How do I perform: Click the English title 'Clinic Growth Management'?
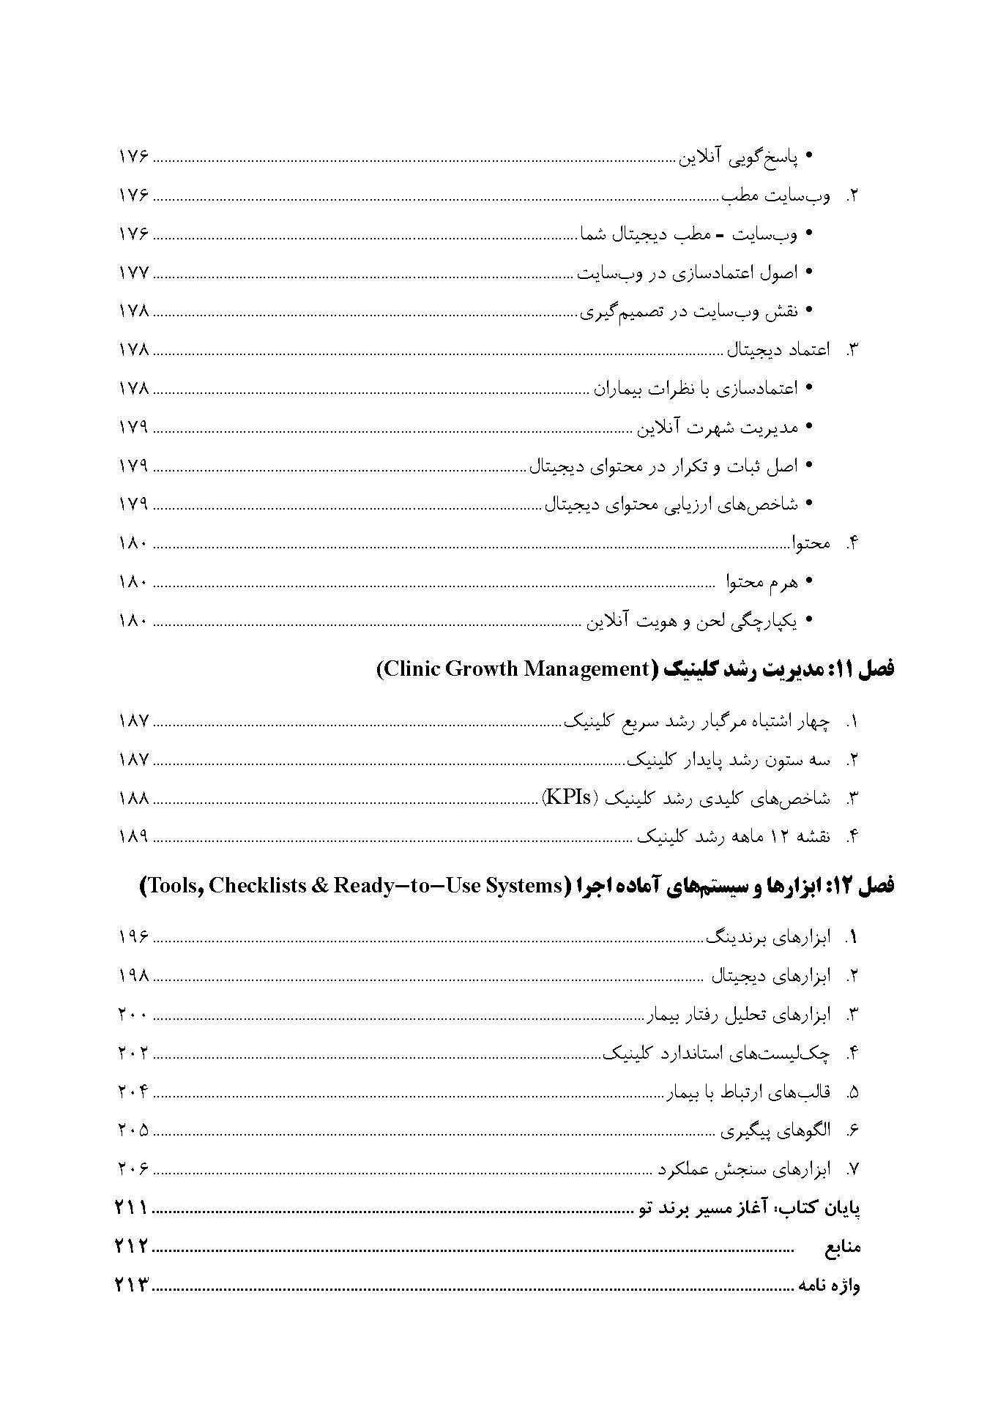click(513, 669)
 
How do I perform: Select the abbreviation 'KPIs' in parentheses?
click(570, 797)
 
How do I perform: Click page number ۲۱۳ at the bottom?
click(132, 1286)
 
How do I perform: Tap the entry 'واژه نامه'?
click(830, 1286)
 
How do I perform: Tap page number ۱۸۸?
click(133, 798)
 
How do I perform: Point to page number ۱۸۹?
click(133, 837)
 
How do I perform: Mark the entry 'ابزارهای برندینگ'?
click(768, 938)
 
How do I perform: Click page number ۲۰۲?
click(133, 1054)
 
